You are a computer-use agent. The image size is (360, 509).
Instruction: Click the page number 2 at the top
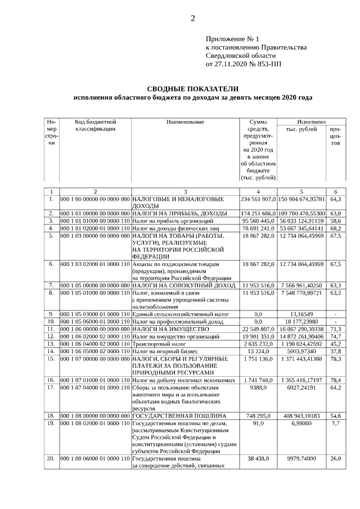tap(192, 19)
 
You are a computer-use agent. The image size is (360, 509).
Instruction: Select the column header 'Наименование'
tap(185, 121)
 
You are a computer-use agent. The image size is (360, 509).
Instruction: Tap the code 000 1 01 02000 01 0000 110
tap(95, 228)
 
